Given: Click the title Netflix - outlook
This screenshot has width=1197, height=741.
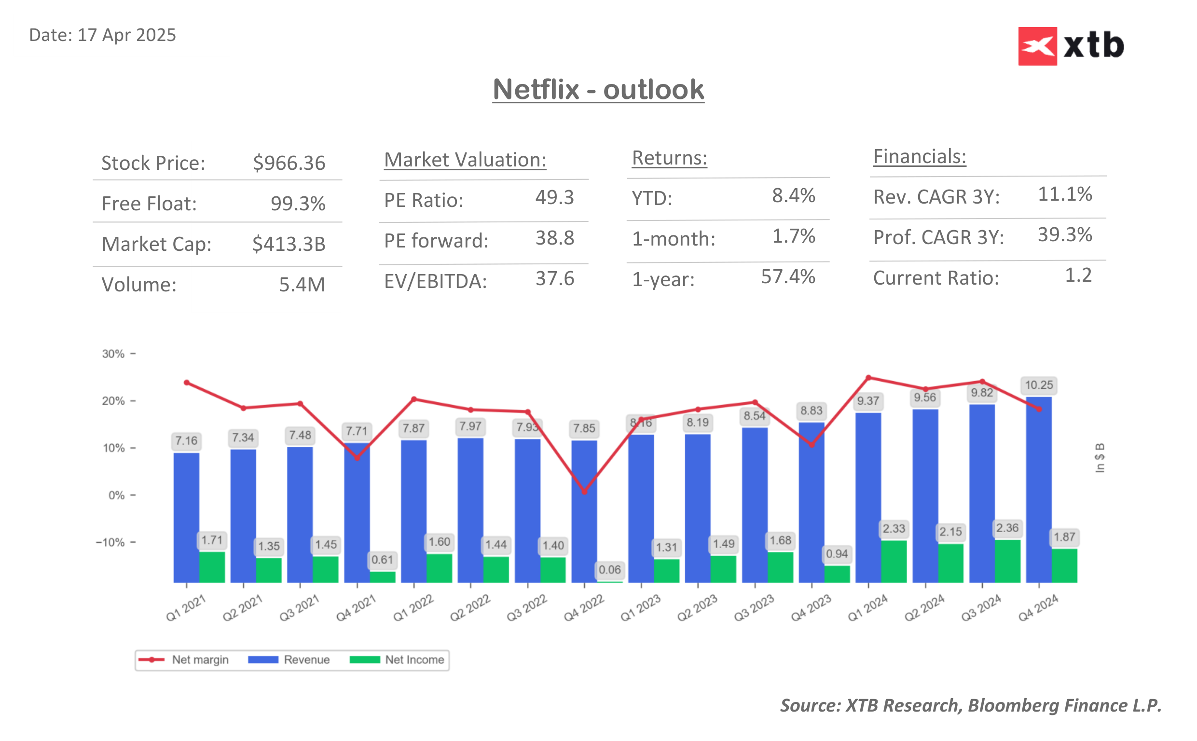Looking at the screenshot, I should [598, 90].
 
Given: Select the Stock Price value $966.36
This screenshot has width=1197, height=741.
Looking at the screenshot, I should [289, 163].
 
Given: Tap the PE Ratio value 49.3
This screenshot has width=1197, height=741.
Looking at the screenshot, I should [554, 197].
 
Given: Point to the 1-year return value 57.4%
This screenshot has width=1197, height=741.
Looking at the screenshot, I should [787, 277].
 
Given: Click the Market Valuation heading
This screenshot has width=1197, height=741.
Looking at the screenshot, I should [465, 160].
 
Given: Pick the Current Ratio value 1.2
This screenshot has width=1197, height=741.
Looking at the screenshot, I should [1078, 275].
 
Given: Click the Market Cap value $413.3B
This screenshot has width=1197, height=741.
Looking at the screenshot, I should [289, 244].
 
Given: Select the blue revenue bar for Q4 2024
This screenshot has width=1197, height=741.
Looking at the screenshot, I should [1038, 490].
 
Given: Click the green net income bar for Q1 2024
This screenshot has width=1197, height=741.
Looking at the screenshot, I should [893, 561].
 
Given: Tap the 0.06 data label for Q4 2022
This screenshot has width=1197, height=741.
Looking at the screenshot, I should [609, 570].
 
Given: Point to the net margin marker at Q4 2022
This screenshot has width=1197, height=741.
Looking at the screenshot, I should [584, 492].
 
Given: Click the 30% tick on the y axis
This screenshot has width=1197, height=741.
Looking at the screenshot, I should [114, 354].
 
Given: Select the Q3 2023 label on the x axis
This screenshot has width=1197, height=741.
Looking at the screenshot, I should [754, 608].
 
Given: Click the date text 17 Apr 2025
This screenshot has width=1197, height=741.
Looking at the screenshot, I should [126, 35].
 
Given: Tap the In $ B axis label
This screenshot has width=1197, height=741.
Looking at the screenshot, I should [1100, 458].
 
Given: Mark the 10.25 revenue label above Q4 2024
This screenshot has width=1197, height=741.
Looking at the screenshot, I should [1038, 385].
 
